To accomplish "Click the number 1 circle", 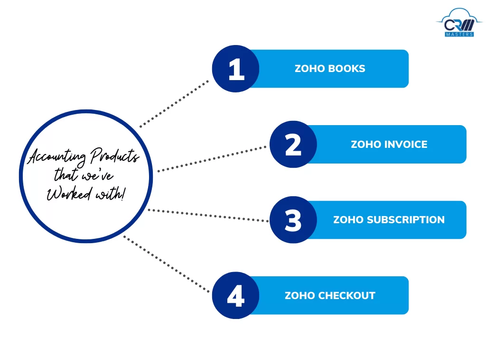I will pyautogui.click(x=235, y=69).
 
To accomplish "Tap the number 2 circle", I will pyautogui.click(x=293, y=144).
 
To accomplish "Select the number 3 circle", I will pyautogui.click(x=293, y=220).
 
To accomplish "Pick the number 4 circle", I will pyautogui.click(x=235, y=295).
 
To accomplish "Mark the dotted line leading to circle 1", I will pyautogui.click(x=174, y=104).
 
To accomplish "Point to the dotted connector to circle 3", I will pyautogui.click(x=209, y=215).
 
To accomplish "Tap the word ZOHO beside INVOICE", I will pyautogui.click(x=364, y=144).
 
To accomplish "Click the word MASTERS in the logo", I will pyautogui.click(x=458, y=34).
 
